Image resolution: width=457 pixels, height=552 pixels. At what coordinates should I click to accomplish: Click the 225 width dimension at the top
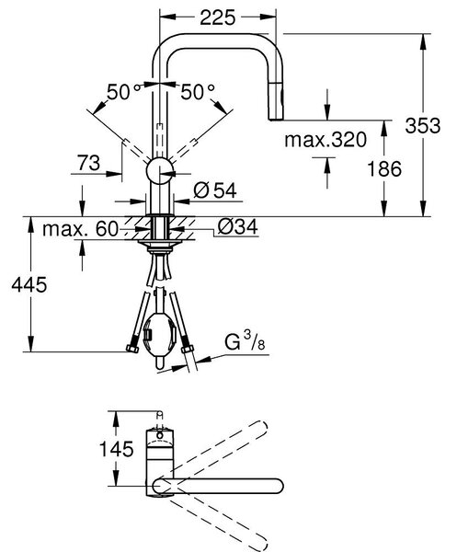(x=217, y=17)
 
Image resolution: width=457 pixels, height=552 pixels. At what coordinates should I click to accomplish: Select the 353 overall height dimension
(x=423, y=126)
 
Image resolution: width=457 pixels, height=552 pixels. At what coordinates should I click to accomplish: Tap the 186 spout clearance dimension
(x=384, y=168)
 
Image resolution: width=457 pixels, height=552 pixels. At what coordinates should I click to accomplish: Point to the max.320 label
(x=326, y=140)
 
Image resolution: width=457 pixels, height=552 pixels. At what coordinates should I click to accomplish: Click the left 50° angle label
(x=123, y=92)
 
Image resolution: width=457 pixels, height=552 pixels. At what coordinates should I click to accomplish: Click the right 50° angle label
(x=198, y=92)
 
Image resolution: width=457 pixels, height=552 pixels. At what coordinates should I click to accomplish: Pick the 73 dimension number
(x=88, y=163)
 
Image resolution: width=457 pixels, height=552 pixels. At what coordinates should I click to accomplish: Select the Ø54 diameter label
(x=215, y=190)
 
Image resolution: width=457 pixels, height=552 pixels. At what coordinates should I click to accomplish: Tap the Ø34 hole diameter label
(x=237, y=226)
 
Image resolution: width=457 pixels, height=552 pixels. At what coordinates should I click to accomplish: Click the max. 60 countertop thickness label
(x=81, y=229)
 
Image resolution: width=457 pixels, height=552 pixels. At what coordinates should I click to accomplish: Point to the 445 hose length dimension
(x=29, y=284)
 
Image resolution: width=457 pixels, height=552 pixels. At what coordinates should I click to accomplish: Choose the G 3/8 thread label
(x=245, y=340)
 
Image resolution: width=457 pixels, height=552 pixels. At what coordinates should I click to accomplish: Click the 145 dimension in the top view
(x=117, y=449)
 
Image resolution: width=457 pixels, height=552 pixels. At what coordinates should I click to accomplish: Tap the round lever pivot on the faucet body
(x=159, y=171)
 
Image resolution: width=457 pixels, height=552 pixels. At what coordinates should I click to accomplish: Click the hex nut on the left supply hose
(x=132, y=348)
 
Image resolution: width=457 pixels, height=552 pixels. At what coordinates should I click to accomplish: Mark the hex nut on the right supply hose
(x=188, y=350)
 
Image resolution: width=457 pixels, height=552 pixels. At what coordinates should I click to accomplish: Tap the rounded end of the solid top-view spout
(x=276, y=486)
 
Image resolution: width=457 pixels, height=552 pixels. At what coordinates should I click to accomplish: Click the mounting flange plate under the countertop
(x=160, y=243)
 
